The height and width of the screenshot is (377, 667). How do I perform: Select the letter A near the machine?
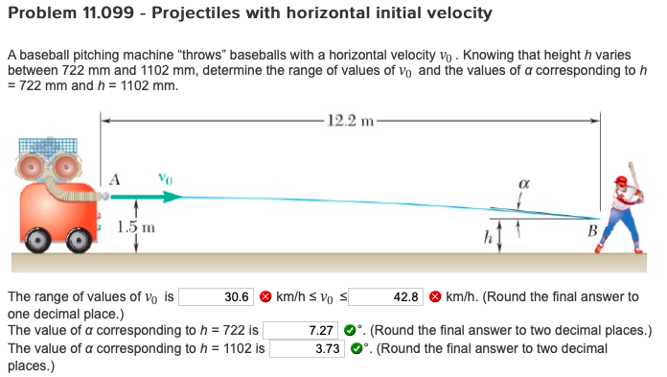pos(116,177)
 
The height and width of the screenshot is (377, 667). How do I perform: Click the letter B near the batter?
pos(591,230)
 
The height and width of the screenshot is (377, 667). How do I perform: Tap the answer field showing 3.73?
pos(306,347)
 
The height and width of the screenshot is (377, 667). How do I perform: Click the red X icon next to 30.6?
pos(264,297)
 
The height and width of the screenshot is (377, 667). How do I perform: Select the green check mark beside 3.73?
pos(354,347)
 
